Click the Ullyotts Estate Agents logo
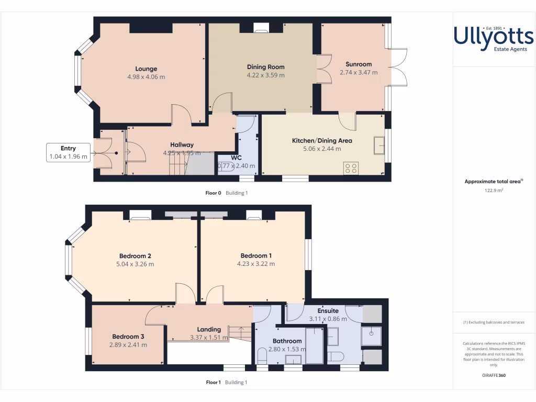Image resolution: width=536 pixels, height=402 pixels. (x=494, y=39)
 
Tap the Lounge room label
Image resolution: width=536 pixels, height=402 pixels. (x=146, y=69)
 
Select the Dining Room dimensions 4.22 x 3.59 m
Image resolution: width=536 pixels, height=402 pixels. (x=265, y=75)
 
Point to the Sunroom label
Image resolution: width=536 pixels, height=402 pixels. (x=359, y=64)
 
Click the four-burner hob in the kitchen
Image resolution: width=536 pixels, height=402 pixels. (x=351, y=168)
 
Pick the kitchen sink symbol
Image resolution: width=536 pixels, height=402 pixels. (x=378, y=145)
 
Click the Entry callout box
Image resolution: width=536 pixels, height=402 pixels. (x=68, y=152)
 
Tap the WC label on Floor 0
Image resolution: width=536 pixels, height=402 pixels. (x=236, y=158)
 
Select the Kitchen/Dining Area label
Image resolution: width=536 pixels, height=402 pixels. (x=322, y=140)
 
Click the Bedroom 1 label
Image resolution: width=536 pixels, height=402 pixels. (x=256, y=255)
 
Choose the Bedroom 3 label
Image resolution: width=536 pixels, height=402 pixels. (x=128, y=337)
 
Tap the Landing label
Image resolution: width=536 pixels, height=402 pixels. (x=209, y=329)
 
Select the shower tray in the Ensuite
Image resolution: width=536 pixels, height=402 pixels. (x=371, y=337)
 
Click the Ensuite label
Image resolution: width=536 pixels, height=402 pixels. (x=328, y=310)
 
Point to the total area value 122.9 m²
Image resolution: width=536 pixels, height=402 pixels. (x=494, y=191)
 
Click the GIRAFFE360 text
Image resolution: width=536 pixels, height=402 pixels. (x=494, y=375)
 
